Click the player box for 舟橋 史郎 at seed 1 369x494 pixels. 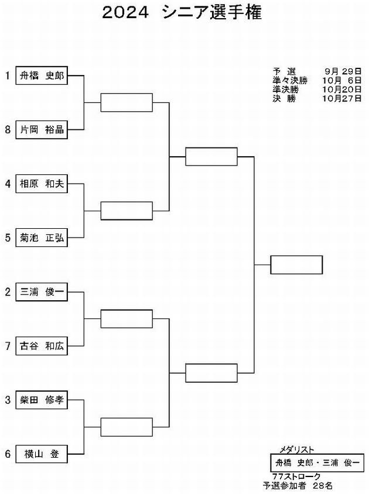pyautogui.click(x=42, y=76)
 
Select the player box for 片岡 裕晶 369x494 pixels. pyautogui.click(x=42, y=129)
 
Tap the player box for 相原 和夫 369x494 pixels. pyautogui.click(x=42, y=184)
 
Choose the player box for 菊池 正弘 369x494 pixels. pyautogui.click(x=42, y=238)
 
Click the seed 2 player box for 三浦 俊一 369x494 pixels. pyautogui.click(x=42, y=291)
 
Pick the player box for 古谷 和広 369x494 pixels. pyautogui.click(x=42, y=346)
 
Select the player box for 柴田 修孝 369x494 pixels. pyautogui.click(x=42, y=400)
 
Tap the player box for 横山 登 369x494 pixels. pyautogui.click(x=42, y=454)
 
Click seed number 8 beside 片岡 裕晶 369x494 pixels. pyautogui.click(x=8, y=129)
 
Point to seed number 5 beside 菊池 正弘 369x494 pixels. pyautogui.click(x=8, y=238)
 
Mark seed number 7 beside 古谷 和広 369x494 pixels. pyautogui.click(x=8, y=346)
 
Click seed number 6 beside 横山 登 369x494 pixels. pyautogui.click(x=8, y=454)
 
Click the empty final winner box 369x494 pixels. pyautogui.click(x=296, y=265)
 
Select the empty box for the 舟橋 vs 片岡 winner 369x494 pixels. pyautogui.click(x=127, y=102)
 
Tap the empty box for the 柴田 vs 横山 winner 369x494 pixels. pyautogui.click(x=127, y=427)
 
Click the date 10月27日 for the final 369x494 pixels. pyautogui.click(x=342, y=98)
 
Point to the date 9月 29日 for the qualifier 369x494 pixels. pyautogui.click(x=343, y=71)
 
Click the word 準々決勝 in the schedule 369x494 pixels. pyautogui.click(x=290, y=80)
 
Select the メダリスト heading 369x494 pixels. pyautogui.click(x=297, y=450)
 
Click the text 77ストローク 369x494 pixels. pyautogui.click(x=296, y=476)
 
